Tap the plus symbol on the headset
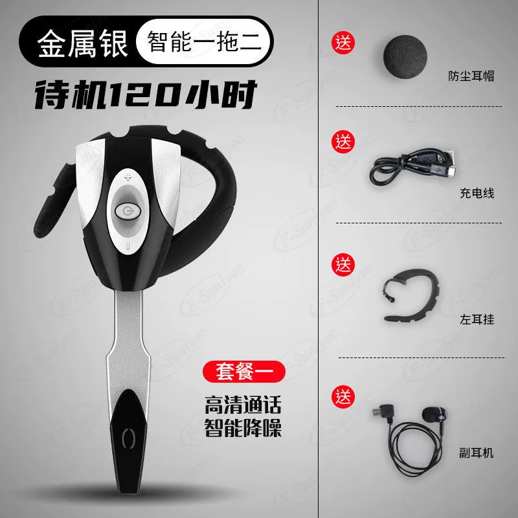(128, 177)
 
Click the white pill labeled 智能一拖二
(203, 41)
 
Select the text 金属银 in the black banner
(82, 43)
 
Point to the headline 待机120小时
(146, 95)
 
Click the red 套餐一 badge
(244, 372)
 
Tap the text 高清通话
(243, 405)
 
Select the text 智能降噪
(243, 428)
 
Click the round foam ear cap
(405, 56)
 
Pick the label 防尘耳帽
(471, 76)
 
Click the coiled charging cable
(412, 167)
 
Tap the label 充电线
(477, 193)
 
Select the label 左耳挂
(477, 319)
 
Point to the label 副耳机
(477, 453)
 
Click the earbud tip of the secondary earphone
(433, 415)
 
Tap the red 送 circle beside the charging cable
(343, 142)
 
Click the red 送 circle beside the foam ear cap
(343, 43)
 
